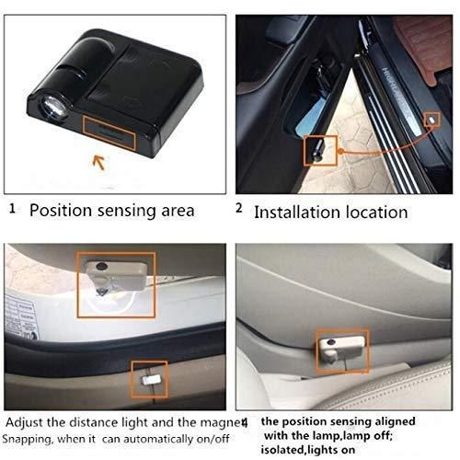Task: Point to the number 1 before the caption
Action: click(12, 209)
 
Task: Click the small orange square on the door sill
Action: click(431, 119)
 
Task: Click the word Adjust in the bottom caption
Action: click(27, 421)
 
